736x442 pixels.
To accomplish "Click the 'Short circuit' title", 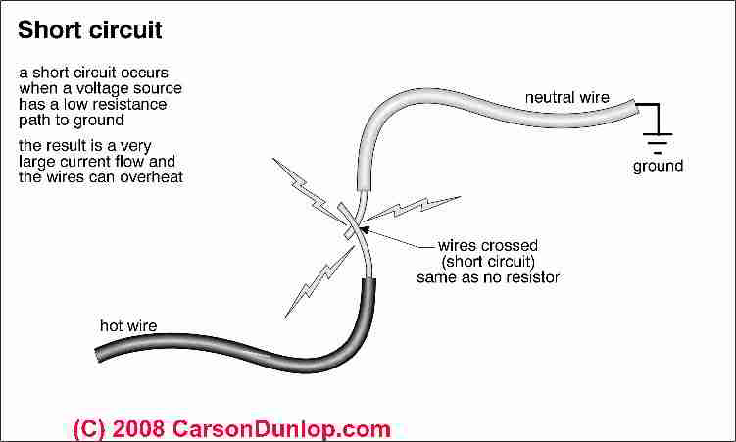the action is [89, 30].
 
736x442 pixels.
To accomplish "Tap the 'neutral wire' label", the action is [567, 97].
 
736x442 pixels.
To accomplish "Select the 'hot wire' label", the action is [128, 325].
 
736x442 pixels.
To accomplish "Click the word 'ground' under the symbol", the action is [658, 166].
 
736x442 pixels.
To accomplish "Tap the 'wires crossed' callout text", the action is [488, 245].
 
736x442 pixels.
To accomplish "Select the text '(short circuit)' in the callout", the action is [488, 262].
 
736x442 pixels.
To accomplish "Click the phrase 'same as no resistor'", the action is [488, 277].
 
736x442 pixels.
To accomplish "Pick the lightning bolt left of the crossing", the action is [308, 189].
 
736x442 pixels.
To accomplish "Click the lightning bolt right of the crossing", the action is [412, 208].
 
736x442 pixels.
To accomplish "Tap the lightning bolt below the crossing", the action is [319, 280].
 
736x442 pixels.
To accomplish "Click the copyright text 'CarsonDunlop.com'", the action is [281, 429].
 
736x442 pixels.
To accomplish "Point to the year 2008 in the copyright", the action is [138, 429].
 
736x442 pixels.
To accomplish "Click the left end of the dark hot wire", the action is [97, 356].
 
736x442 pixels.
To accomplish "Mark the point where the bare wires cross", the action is [353, 223].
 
